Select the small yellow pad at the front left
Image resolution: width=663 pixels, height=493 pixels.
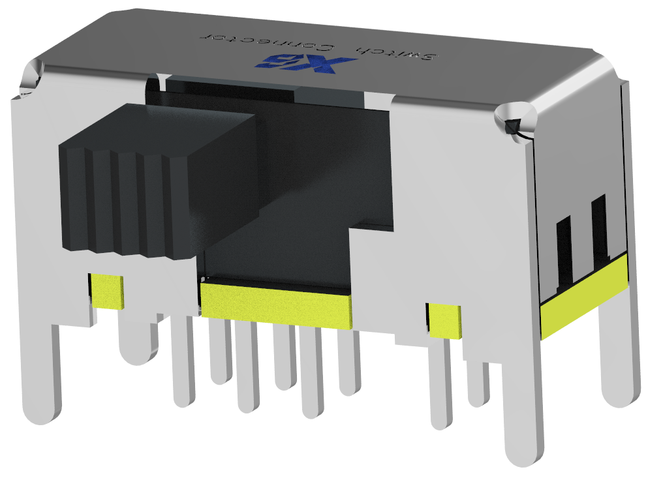tap(107, 291)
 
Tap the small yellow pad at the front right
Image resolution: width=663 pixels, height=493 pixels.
tap(444, 320)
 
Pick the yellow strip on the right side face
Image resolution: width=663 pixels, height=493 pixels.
tap(583, 297)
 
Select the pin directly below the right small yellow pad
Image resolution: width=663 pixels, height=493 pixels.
tap(442, 385)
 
